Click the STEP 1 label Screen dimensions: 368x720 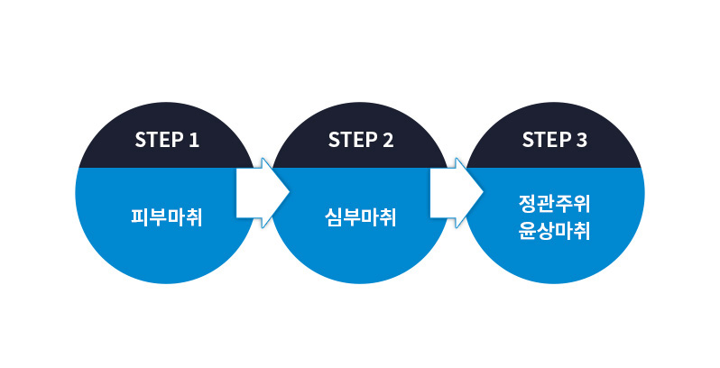point(166,140)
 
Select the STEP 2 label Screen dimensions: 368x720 point(360,140)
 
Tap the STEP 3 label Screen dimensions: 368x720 point(554,140)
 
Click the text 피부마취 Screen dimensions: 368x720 point(166,217)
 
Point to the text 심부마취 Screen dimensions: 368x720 point(360,217)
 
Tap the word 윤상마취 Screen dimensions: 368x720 point(554,230)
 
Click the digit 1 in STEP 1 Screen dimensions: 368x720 point(193,140)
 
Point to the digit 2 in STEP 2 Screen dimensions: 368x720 point(387,140)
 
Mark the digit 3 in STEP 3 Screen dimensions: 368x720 point(581,140)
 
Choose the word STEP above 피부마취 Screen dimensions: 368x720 point(155,140)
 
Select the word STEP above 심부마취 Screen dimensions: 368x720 point(349,140)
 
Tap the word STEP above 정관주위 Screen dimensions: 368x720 point(543,140)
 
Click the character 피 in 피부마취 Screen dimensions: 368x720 point(139,217)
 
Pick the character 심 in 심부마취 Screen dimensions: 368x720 point(333,217)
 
